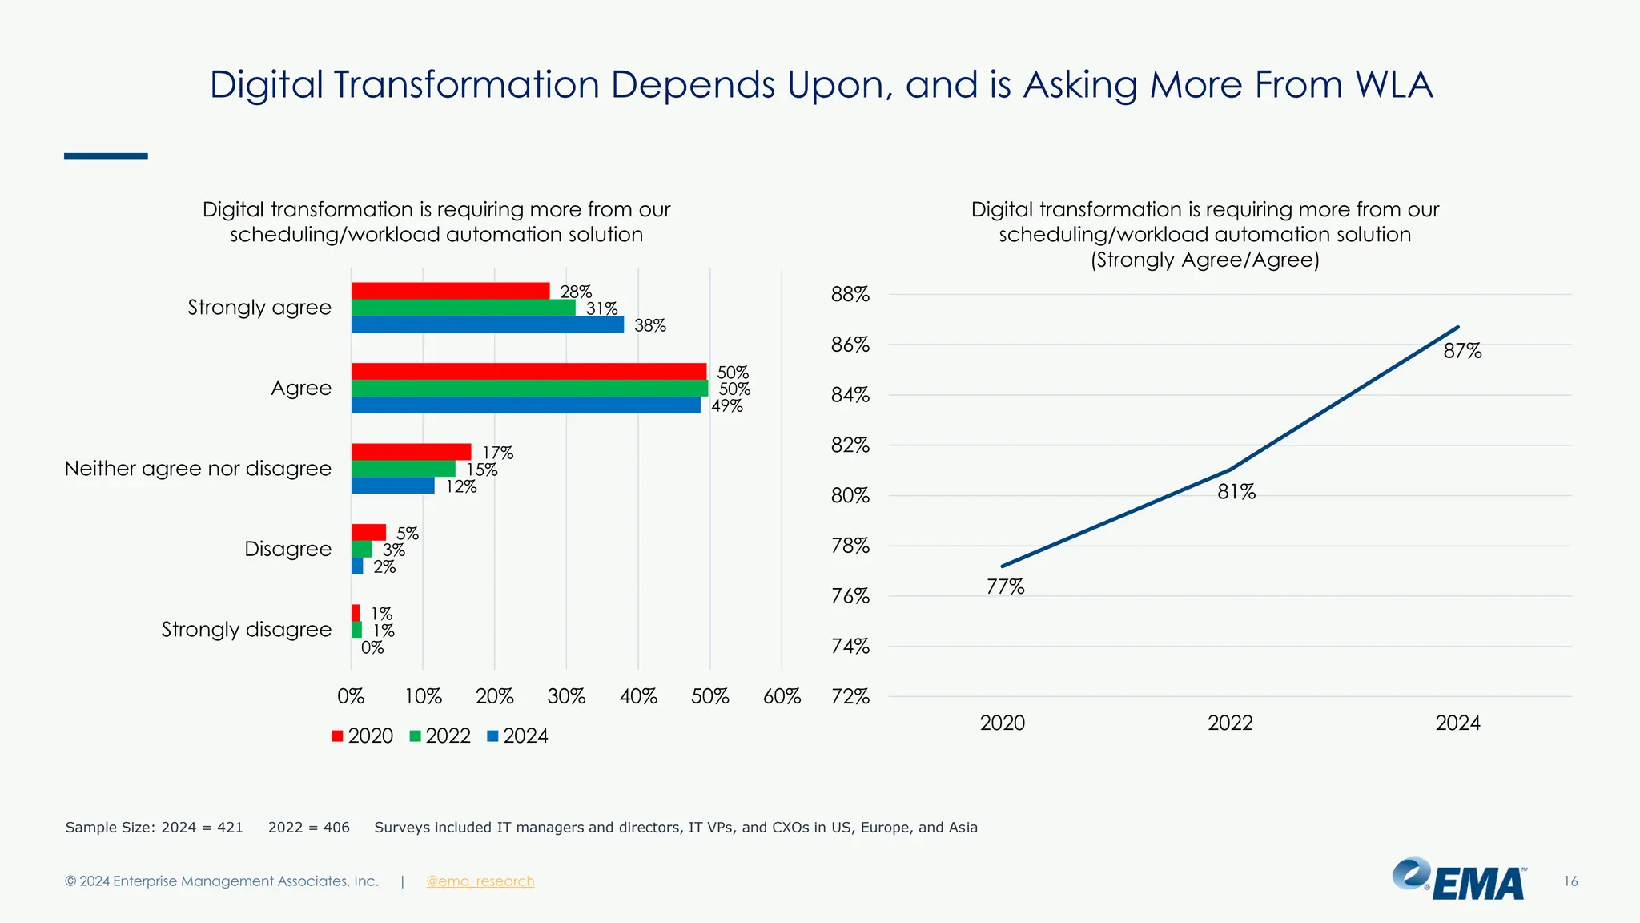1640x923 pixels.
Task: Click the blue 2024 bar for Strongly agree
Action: pos(487,324)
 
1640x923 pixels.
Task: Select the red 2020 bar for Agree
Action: pos(529,371)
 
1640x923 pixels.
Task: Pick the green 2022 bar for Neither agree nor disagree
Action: pos(403,469)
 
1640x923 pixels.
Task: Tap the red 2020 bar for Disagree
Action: pos(368,532)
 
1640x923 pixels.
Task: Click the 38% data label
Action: pos(649,325)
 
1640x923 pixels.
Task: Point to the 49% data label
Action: pos(727,405)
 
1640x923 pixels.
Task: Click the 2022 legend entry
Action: pos(440,736)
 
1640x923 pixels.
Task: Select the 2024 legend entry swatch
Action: pos(493,736)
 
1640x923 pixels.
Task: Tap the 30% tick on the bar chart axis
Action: pos(566,696)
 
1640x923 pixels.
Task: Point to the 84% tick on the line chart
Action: pos(850,395)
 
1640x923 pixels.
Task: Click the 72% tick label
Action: pos(850,696)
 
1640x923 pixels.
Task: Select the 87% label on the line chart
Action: pos(1462,351)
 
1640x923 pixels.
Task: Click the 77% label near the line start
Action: pos(1005,587)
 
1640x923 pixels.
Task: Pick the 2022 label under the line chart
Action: pos(1230,723)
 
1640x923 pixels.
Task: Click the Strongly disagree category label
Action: pos(246,629)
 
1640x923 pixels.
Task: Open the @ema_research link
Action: pos(480,881)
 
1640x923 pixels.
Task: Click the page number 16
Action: pos(1570,881)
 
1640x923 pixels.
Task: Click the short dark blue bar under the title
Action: pos(106,156)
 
